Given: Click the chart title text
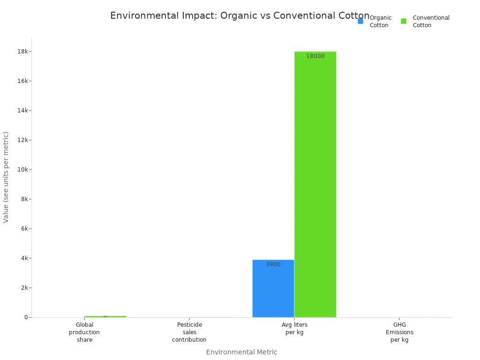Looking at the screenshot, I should pyautogui.click(x=240, y=15).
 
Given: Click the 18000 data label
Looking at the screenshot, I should pyautogui.click(x=315, y=56).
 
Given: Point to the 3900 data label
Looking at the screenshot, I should pyautogui.click(x=273, y=264).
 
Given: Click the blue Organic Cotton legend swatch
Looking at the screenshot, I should pyautogui.click(x=360, y=21).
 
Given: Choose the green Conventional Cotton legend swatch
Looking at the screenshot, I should pyautogui.click(x=404, y=21).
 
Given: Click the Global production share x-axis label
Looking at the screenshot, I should pyautogui.click(x=84, y=332).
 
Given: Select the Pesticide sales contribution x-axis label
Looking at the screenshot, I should pyautogui.click(x=189, y=332).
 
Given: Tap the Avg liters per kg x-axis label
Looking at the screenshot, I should pyautogui.click(x=294, y=328).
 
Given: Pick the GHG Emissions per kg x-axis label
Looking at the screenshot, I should pyautogui.click(x=399, y=332).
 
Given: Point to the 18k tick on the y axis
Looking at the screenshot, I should pyautogui.click(x=22, y=51).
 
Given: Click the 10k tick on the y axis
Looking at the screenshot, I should pyautogui.click(x=22, y=169).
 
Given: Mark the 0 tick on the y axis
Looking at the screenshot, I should pyautogui.click(x=26, y=317).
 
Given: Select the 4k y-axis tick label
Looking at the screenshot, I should pyautogui.click(x=23, y=258).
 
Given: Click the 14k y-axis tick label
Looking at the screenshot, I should pyautogui.click(x=22, y=110).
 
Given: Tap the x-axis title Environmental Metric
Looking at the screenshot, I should pyautogui.click(x=241, y=352).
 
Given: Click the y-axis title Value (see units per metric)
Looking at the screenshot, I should pyautogui.click(x=6, y=177).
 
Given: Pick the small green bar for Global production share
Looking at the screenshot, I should pyautogui.click(x=105, y=316).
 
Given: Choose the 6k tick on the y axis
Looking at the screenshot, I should pyautogui.click(x=23, y=229).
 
